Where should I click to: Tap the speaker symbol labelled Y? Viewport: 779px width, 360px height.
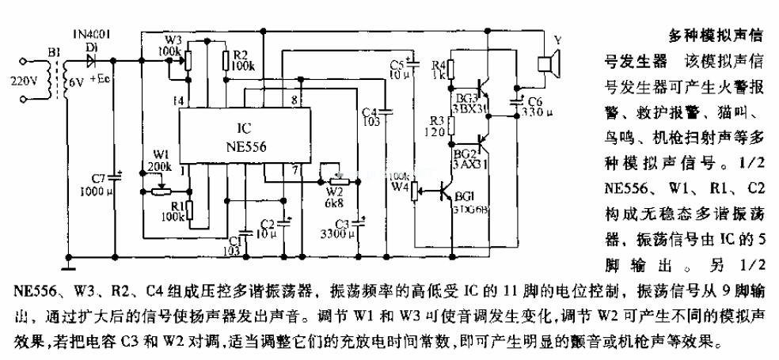545,64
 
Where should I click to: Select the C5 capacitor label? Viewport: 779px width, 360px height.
397,64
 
